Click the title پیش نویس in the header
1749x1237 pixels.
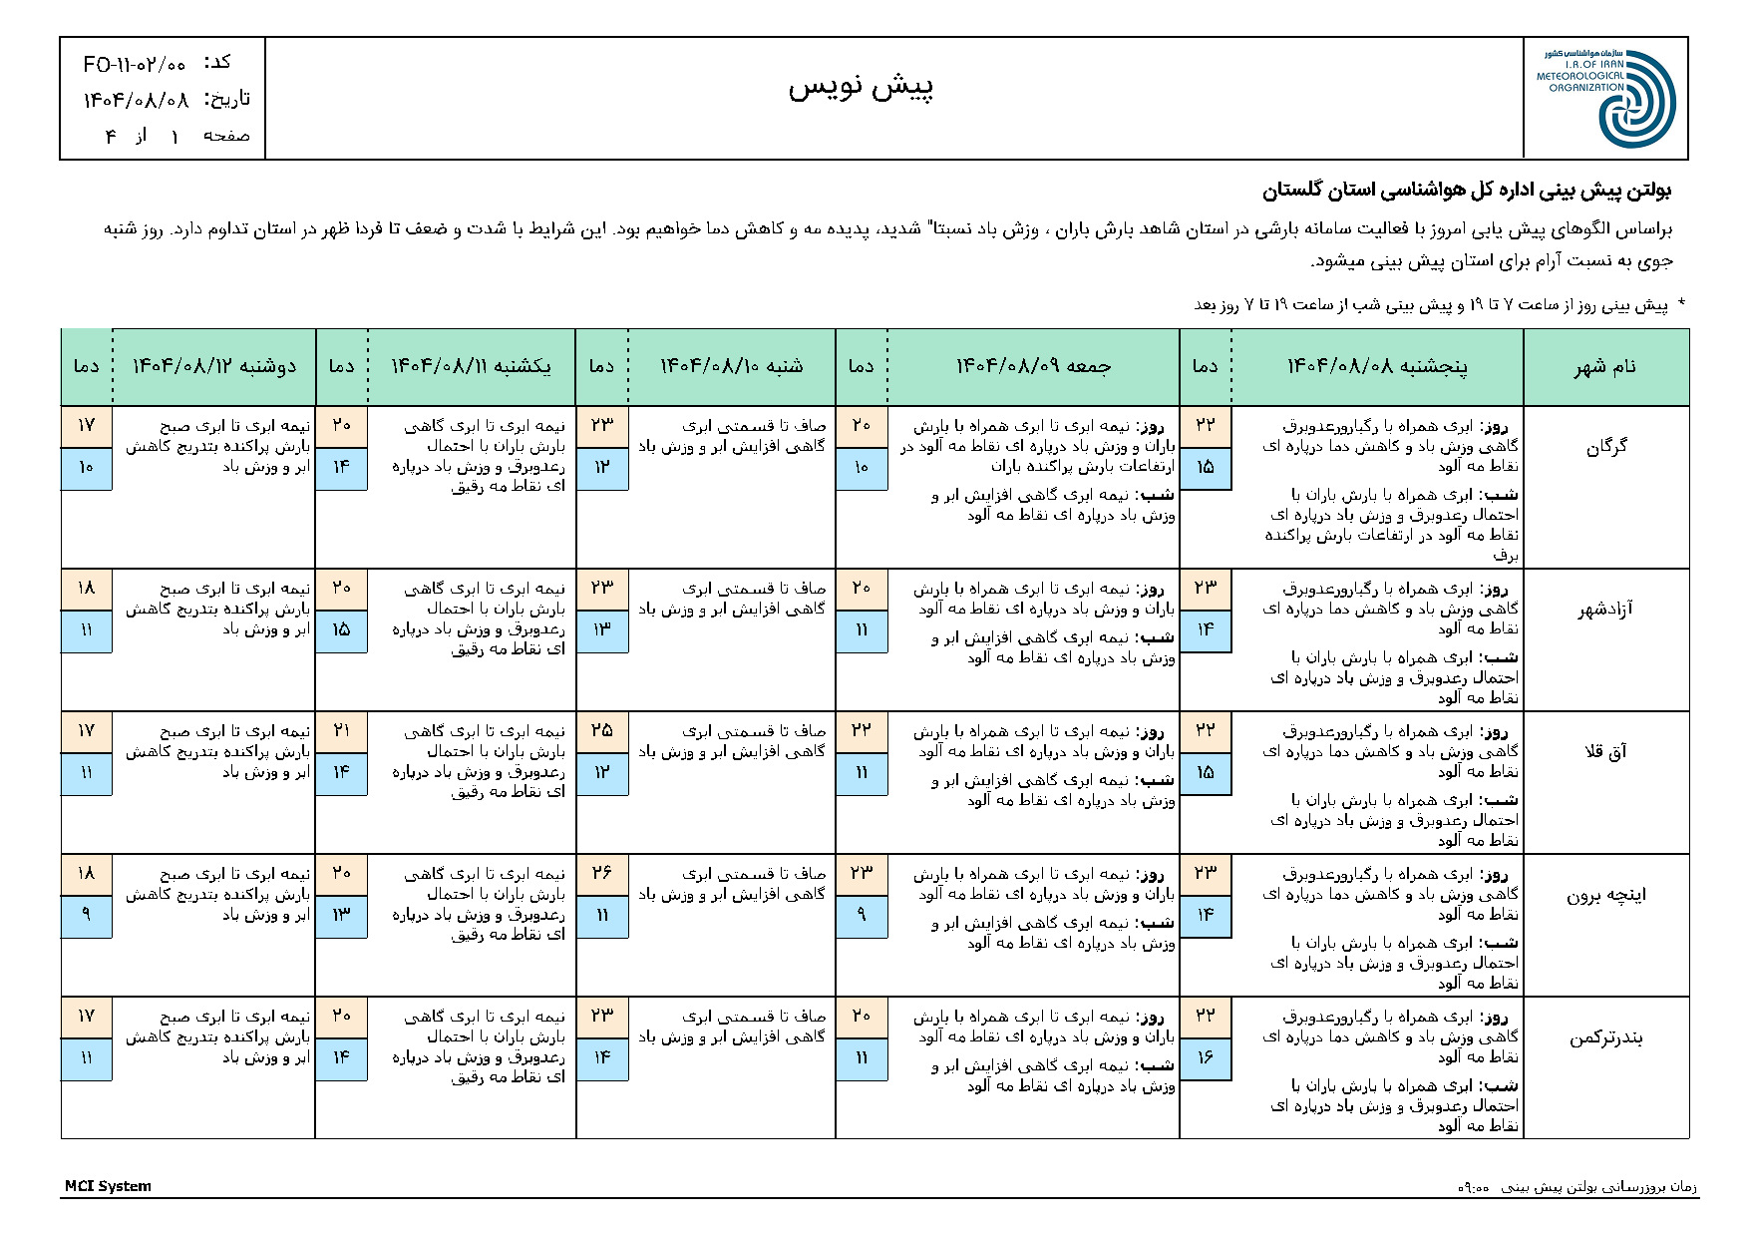click(x=861, y=88)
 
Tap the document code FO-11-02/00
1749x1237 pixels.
click(x=135, y=65)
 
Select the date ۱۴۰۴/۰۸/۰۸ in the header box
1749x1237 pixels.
click(x=136, y=99)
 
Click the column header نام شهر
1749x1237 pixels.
click(x=1605, y=367)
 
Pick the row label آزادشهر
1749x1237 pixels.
click(x=1604, y=610)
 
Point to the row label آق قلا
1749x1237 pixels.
click(x=1605, y=752)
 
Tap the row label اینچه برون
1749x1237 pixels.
click(x=1604, y=895)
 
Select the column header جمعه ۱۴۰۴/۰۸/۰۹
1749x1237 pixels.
click(x=1033, y=367)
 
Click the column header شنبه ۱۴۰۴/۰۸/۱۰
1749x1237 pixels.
click(x=731, y=367)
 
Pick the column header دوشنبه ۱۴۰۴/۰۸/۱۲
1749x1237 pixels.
click(x=214, y=367)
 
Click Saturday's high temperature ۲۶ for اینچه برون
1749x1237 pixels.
click(x=601, y=874)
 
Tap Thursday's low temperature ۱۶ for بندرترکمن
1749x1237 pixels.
click(x=1205, y=1057)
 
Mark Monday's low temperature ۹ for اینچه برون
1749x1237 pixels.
click(x=86, y=915)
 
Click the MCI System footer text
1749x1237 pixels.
click(x=108, y=1186)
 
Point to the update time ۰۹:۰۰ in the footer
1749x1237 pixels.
click(x=1473, y=1188)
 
